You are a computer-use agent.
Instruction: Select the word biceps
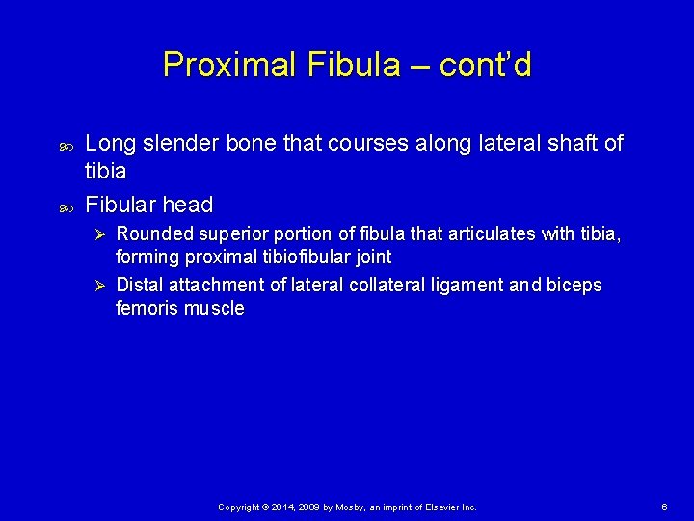click(574, 286)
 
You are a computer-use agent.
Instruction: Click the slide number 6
click(665, 507)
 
